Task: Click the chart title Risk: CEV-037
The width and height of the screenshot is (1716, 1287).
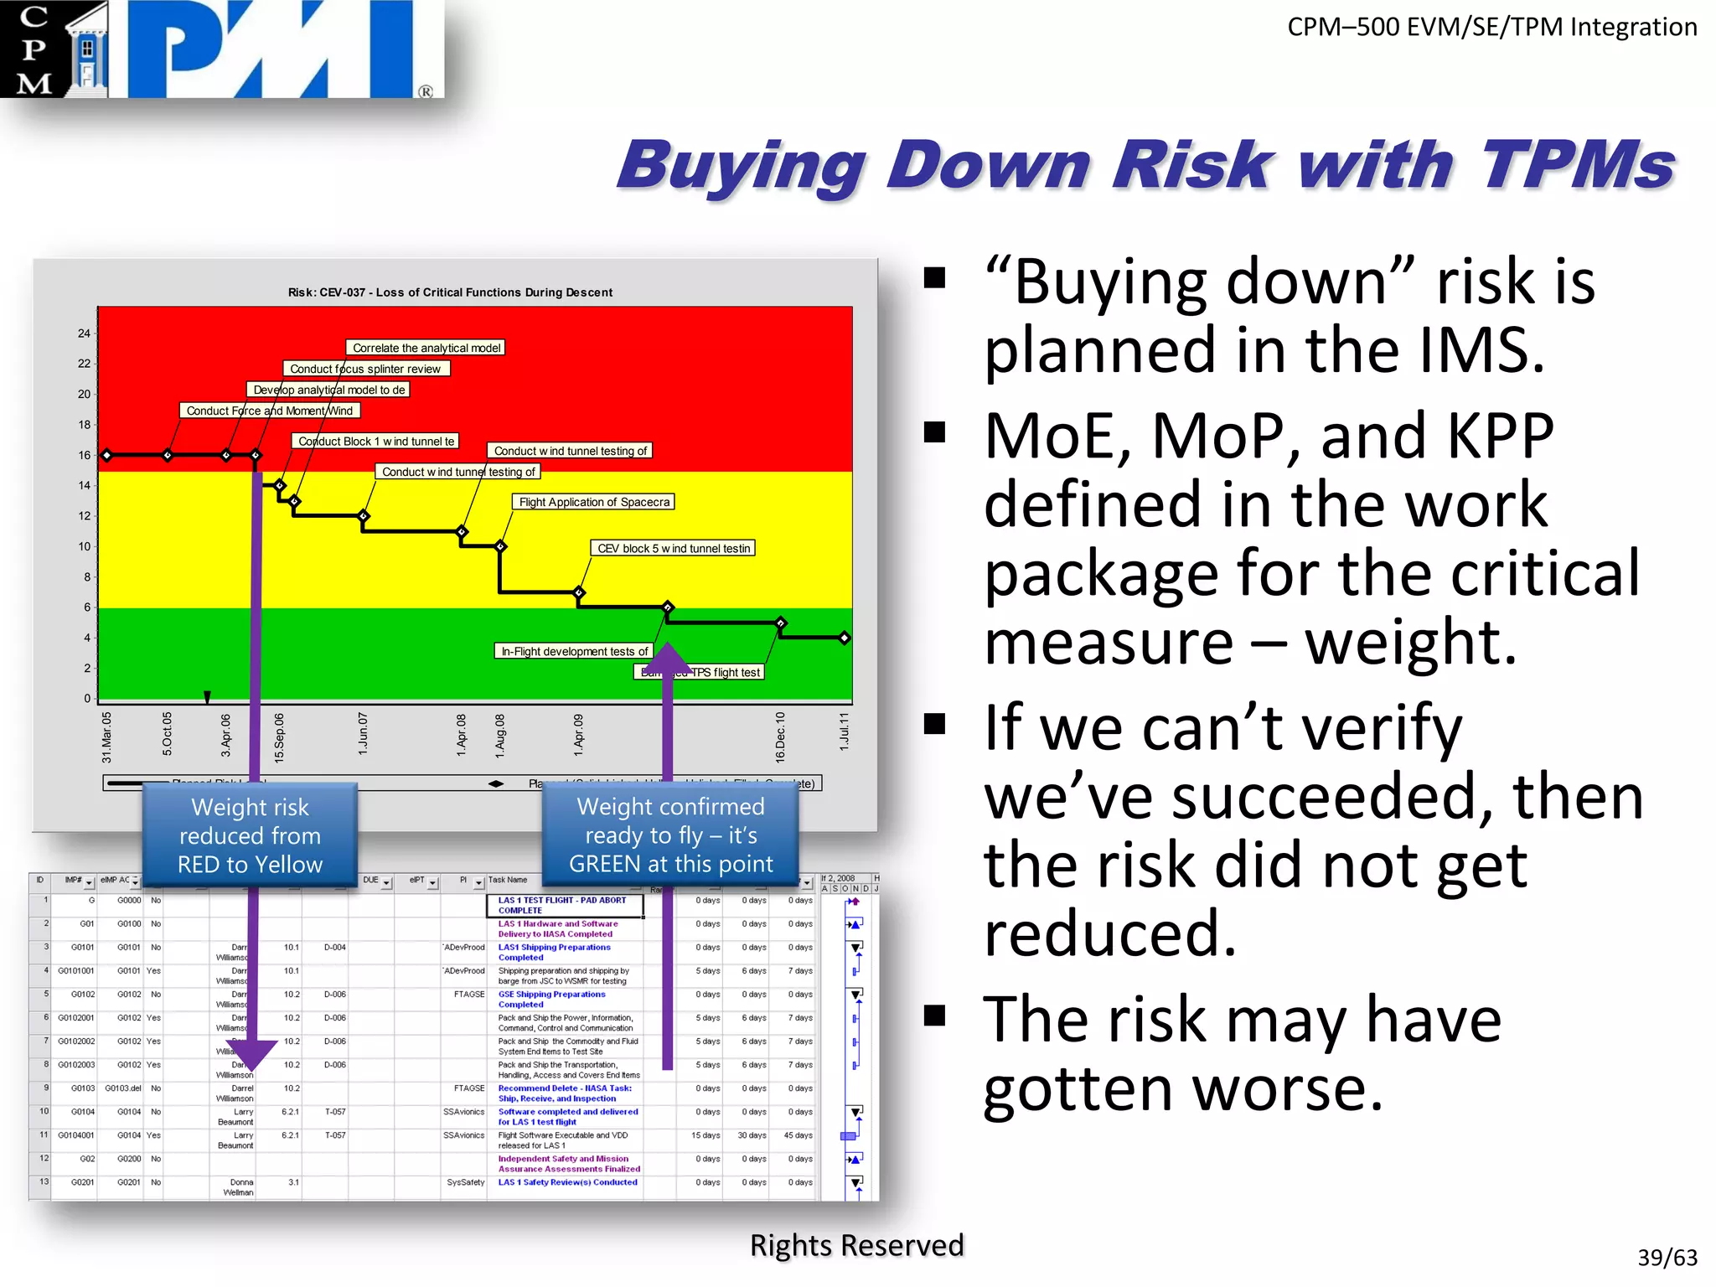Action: click(450, 292)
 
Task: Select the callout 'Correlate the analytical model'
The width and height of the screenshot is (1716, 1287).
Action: click(426, 348)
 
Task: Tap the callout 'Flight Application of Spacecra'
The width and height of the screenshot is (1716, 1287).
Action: click(593, 502)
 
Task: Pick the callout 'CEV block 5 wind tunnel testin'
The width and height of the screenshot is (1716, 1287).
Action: click(673, 548)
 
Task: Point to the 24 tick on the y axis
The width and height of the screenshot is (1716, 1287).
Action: click(84, 333)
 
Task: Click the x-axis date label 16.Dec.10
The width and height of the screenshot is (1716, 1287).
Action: click(780, 737)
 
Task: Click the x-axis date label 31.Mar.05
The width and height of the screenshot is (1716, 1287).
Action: click(106, 737)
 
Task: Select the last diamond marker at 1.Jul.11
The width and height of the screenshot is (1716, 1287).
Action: click(845, 638)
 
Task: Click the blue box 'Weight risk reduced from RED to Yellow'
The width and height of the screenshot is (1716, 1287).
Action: click(250, 835)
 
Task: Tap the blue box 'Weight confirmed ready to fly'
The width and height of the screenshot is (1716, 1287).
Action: click(670, 835)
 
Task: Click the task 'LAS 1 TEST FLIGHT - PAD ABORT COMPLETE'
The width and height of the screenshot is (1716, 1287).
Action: click(562, 905)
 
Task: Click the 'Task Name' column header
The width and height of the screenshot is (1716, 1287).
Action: click(508, 880)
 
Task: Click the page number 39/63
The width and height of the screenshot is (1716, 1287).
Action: click(1667, 1257)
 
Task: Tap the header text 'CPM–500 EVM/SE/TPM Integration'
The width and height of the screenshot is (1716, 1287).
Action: click(1491, 27)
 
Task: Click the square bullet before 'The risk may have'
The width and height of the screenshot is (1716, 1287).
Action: click(935, 1016)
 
